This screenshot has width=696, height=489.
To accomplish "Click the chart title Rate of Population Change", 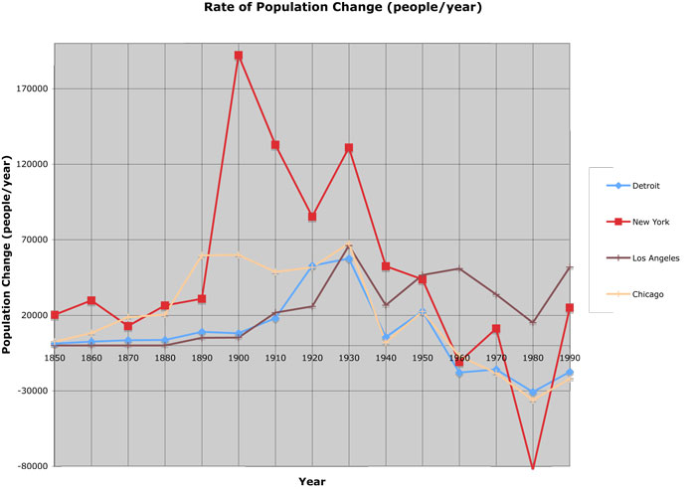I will point(343,8).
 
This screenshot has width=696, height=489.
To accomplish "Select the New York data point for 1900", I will point(239,56).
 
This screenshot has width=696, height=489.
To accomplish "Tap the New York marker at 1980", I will point(533,467).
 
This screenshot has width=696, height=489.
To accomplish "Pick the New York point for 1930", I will point(349,148).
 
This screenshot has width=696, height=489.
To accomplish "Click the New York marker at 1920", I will point(312,217).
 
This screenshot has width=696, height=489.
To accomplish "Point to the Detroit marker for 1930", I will point(349,259).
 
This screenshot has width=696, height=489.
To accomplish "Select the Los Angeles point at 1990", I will point(570,268).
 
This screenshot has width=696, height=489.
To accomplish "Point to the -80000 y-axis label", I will point(32,467).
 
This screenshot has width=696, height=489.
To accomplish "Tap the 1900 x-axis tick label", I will point(239,359).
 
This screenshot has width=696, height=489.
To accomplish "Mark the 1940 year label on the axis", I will point(386,359).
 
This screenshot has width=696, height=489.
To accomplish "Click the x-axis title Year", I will point(312,481).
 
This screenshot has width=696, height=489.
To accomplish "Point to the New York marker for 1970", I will point(496,329).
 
